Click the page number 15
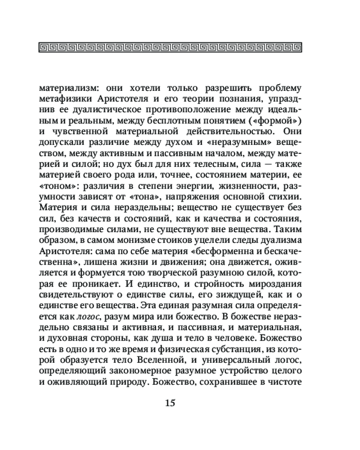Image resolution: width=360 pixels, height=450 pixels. tap(170, 402)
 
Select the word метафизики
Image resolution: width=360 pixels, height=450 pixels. tap(67, 98)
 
